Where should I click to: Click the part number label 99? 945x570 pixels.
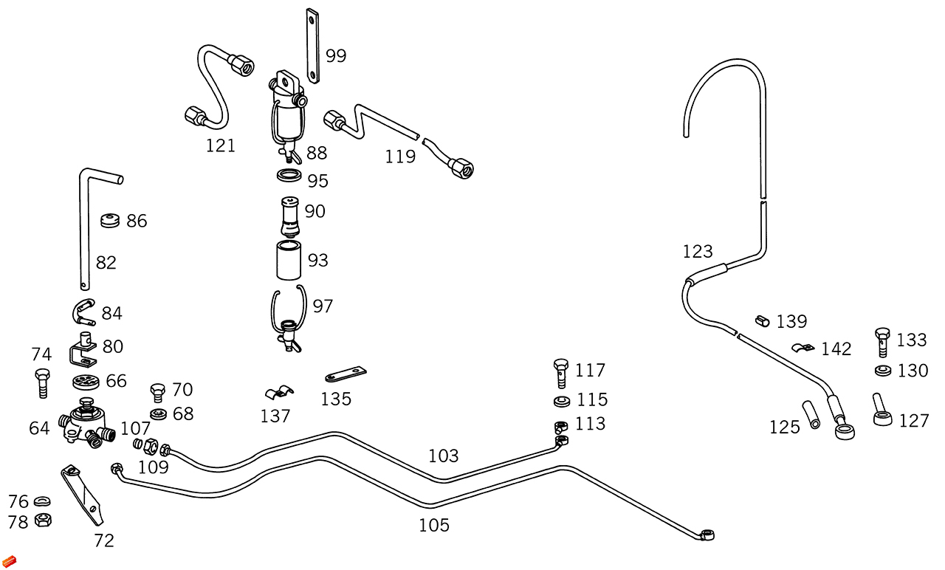tap(336, 56)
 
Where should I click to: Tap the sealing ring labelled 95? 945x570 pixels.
tap(289, 176)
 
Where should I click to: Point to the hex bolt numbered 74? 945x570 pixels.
tap(41, 382)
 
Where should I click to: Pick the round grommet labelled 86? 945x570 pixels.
tap(111, 220)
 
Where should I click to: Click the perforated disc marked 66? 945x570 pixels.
tap(86, 382)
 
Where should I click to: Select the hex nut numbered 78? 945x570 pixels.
tap(42, 519)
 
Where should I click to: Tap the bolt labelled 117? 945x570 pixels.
tap(561, 372)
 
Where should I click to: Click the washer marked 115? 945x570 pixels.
tap(561, 402)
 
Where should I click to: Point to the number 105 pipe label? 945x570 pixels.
tap(434, 526)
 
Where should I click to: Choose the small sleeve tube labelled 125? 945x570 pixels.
tap(811, 414)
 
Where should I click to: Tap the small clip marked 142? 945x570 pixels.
tap(802, 347)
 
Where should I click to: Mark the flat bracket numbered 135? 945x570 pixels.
tap(346, 374)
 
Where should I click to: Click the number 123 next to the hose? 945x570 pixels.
tap(698, 252)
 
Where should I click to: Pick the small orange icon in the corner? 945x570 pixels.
tap(9, 562)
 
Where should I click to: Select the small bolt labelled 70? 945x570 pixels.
tap(157, 391)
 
